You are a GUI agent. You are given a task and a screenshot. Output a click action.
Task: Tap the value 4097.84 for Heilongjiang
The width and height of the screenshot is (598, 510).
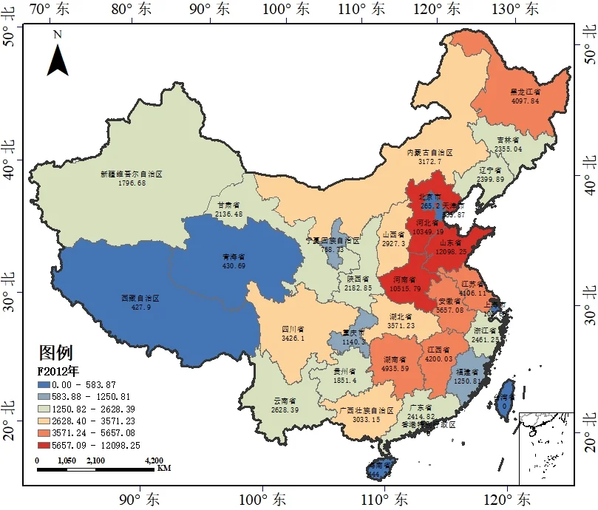(x=525, y=101)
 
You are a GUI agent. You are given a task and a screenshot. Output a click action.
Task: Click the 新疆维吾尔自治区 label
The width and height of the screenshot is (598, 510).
(x=131, y=174)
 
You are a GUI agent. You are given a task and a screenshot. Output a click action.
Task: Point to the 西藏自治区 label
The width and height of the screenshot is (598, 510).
(x=140, y=299)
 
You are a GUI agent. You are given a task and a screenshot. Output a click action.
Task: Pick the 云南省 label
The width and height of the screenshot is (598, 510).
(x=285, y=401)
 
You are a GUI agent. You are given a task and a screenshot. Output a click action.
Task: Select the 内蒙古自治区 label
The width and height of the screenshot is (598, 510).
(x=429, y=152)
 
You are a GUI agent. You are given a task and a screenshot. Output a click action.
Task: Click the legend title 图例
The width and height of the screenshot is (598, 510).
(x=55, y=353)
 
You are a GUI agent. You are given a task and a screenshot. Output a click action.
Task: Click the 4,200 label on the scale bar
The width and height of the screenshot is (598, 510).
(x=154, y=460)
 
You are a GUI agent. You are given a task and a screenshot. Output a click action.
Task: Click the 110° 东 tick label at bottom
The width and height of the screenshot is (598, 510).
(x=383, y=497)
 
